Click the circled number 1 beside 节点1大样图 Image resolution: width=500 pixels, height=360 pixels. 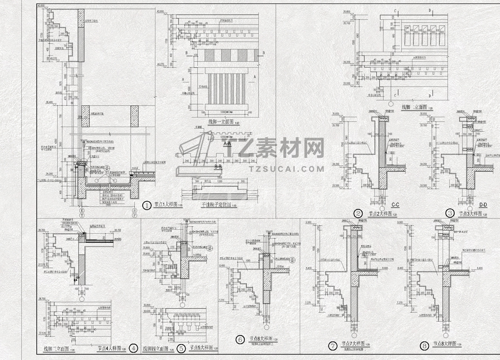coord(146,205)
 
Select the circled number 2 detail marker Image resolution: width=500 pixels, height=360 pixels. coord(358,214)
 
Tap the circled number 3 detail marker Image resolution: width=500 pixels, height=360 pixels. coord(450,213)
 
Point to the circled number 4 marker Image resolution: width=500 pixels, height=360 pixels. coord(134,348)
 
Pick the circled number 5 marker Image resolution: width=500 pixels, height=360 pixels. coord(181,349)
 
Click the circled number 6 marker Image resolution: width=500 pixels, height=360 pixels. coord(240,339)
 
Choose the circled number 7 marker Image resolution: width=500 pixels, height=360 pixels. coord(333,346)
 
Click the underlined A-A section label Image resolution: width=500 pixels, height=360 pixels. coord(227,144)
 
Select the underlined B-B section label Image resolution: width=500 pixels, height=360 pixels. coord(218,167)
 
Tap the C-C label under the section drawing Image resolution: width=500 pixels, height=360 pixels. coord(395,205)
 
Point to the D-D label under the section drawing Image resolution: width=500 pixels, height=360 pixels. coord(483,205)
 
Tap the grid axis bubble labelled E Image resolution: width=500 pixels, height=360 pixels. coord(82,210)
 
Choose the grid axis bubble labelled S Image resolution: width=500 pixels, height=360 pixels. coord(135,210)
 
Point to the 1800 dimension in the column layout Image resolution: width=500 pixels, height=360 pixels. coord(220,177)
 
